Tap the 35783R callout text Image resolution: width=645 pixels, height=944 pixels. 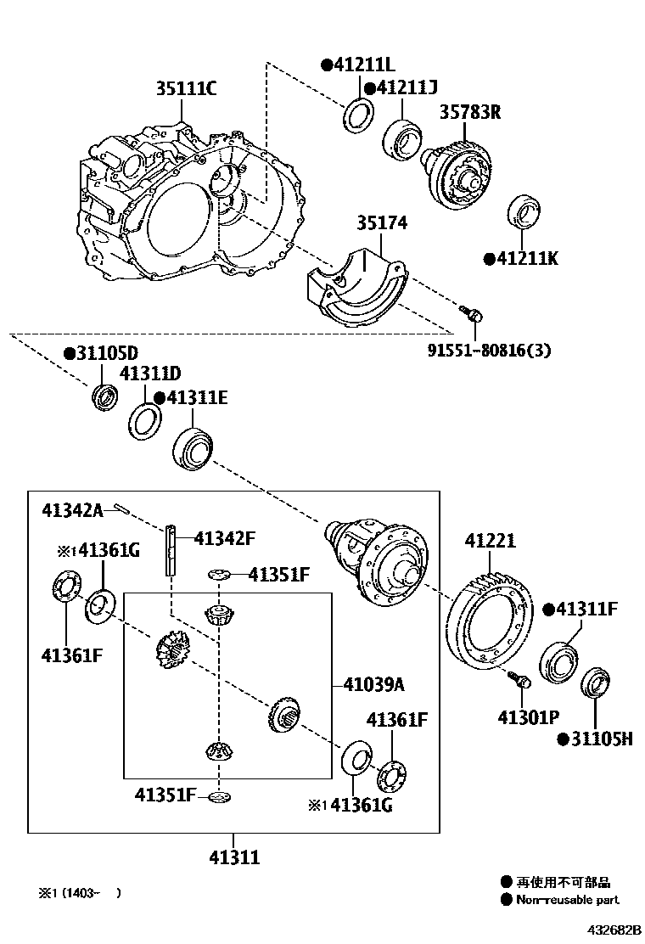pyautogui.click(x=469, y=111)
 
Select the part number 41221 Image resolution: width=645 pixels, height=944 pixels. pyautogui.click(x=490, y=542)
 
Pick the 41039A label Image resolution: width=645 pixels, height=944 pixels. pyautogui.click(x=374, y=684)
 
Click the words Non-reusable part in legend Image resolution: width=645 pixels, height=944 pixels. pyautogui.click(x=568, y=900)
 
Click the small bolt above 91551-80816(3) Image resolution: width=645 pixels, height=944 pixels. pyautogui.click(x=474, y=314)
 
